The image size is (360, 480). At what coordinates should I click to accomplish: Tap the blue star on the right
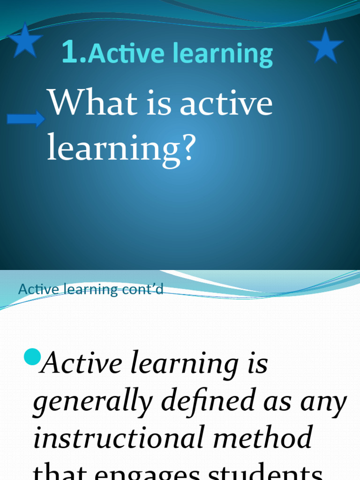point(325,45)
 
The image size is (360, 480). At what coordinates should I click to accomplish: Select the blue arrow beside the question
point(26,119)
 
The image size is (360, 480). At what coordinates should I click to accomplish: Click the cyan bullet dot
point(32,358)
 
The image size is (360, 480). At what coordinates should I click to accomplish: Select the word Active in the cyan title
point(126,53)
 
